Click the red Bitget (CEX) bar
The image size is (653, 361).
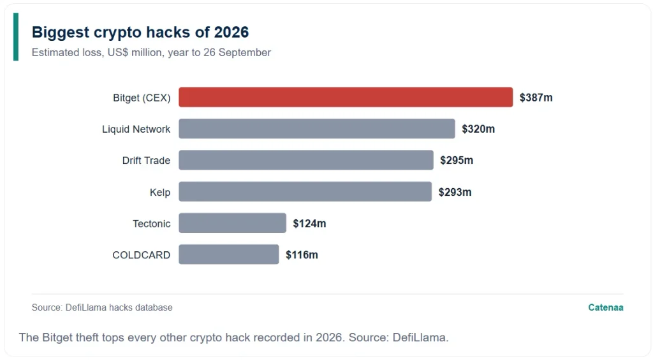point(346,98)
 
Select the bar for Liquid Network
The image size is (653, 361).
point(317,129)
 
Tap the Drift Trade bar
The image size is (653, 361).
point(306,160)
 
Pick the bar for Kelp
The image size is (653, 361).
point(305,191)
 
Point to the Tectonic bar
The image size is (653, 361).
point(232,223)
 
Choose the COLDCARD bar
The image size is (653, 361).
point(229,254)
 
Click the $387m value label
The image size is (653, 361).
point(536,98)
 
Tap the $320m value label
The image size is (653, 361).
point(478,129)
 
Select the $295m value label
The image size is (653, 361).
point(457,160)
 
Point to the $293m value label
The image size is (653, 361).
point(455,192)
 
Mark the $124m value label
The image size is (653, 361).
point(309,224)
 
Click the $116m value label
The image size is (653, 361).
point(302,255)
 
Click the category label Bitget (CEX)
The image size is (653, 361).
point(142,98)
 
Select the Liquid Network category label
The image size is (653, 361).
point(136,129)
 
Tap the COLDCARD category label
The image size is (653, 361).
point(141,255)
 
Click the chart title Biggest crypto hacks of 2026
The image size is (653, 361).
point(140,32)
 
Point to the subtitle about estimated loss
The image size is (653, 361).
point(151,52)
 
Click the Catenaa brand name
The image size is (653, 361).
point(606,307)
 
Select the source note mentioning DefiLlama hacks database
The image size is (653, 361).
point(102,307)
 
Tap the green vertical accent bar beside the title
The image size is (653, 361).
point(16,36)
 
